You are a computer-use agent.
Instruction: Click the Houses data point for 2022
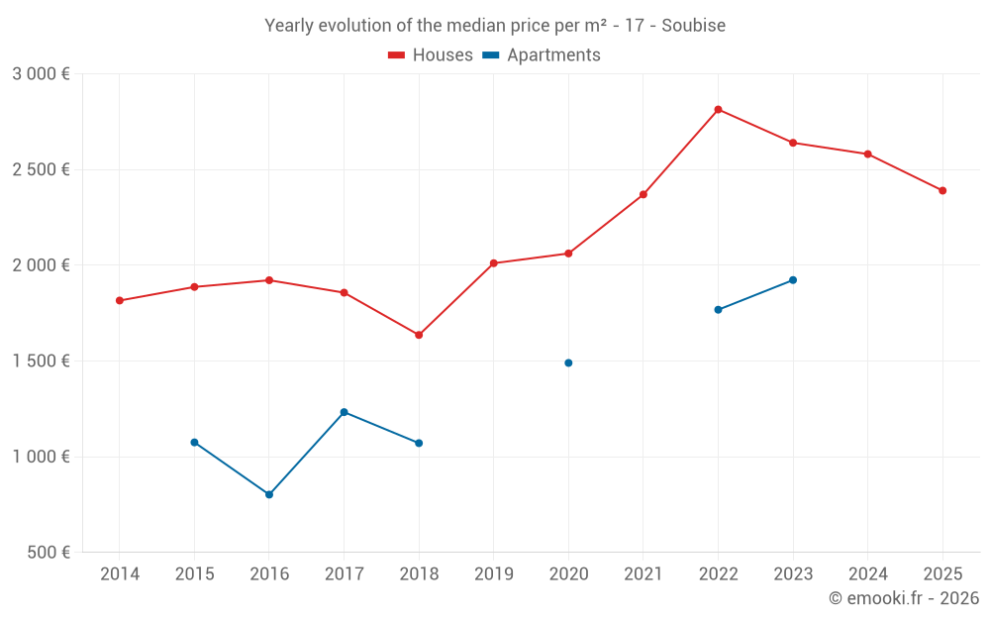[718, 110]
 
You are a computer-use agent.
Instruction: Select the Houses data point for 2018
[419, 335]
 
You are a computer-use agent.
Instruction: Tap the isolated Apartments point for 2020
[568, 362]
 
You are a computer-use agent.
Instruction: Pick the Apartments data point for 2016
[269, 494]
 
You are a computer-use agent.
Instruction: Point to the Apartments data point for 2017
[344, 412]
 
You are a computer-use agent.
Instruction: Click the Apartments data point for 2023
[793, 280]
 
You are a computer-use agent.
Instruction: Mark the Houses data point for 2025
[942, 190]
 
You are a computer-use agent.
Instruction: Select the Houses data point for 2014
[120, 300]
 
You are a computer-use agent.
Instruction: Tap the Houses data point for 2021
[643, 194]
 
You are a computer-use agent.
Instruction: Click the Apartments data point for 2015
[194, 442]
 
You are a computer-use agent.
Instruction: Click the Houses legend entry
[431, 55]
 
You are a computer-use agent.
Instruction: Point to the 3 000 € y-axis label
[41, 74]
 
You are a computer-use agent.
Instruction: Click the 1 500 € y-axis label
[41, 361]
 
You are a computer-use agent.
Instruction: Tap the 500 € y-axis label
[47, 553]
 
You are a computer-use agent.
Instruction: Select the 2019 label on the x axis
[493, 574]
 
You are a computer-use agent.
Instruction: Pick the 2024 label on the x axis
[867, 574]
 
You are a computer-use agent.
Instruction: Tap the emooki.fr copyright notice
[904, 598]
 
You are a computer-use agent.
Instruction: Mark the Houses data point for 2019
[493, 263]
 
